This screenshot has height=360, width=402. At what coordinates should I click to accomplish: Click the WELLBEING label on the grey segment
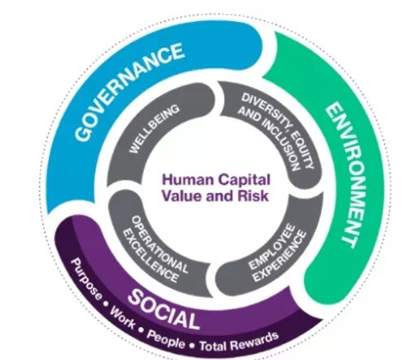tap(154, 129)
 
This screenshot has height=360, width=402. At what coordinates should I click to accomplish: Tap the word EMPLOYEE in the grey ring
tap(272, 247)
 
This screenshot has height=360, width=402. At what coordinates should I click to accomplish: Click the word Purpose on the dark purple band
tap(86, 279)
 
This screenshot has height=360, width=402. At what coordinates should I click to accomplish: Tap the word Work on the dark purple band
tap(122, 318)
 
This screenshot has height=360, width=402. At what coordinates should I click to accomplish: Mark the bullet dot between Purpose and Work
tap(105, 305)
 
